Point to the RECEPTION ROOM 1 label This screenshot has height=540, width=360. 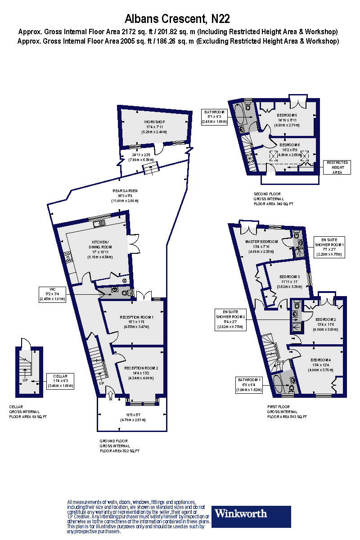pyautogui.click(x=137, y=322)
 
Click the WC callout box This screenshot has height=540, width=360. pyautogui.click(x=52, y=294)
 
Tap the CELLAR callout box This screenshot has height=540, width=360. pyautogui.click(x=60, y=381)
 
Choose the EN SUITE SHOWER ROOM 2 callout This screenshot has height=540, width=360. pyautogui.click(x=229, y=319)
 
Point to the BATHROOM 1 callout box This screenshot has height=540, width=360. pyautogui.click(x=249, y=385)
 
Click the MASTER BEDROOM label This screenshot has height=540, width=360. pyautogui.click(x=261, y=244)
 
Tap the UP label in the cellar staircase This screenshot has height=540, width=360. pyautogui.click(x=25, y=380)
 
